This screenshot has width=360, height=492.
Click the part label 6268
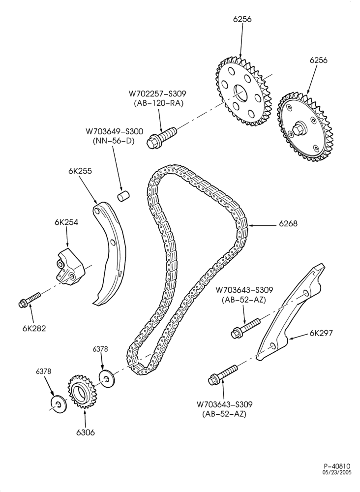pyautogui.click(x=288, y=224)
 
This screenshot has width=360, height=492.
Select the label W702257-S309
pyautogui.click(x=157, y=93)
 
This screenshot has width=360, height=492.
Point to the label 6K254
pyautogui.click(x=66, y=222)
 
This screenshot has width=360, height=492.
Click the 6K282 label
pyautogui.click(x=34, y=329)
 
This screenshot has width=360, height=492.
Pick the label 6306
pyautogui.click(x=85, y=432)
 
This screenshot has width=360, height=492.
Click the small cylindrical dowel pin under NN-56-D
pyautogui.click(x=124, y=196)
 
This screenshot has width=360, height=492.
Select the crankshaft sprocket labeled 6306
pyautogui.click(x=82, y=392)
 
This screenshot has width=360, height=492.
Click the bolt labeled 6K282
pyautogui.click(x=30, y=299)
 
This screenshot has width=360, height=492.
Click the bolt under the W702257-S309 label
pyautogui.click(x=161, y=136)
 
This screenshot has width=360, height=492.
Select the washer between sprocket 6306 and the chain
pyautogui.click(x=107, y=379)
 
